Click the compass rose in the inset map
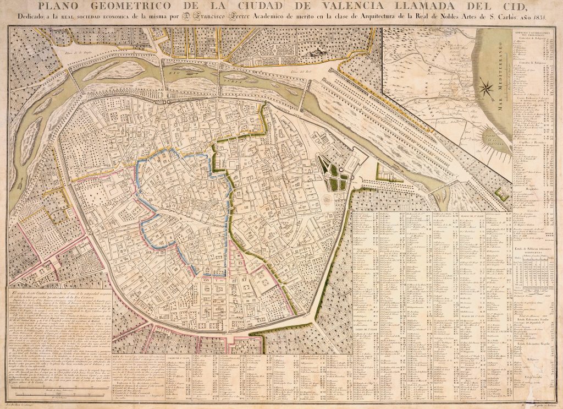click(x=486, y=86)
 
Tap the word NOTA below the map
click(x=118, y=357)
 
